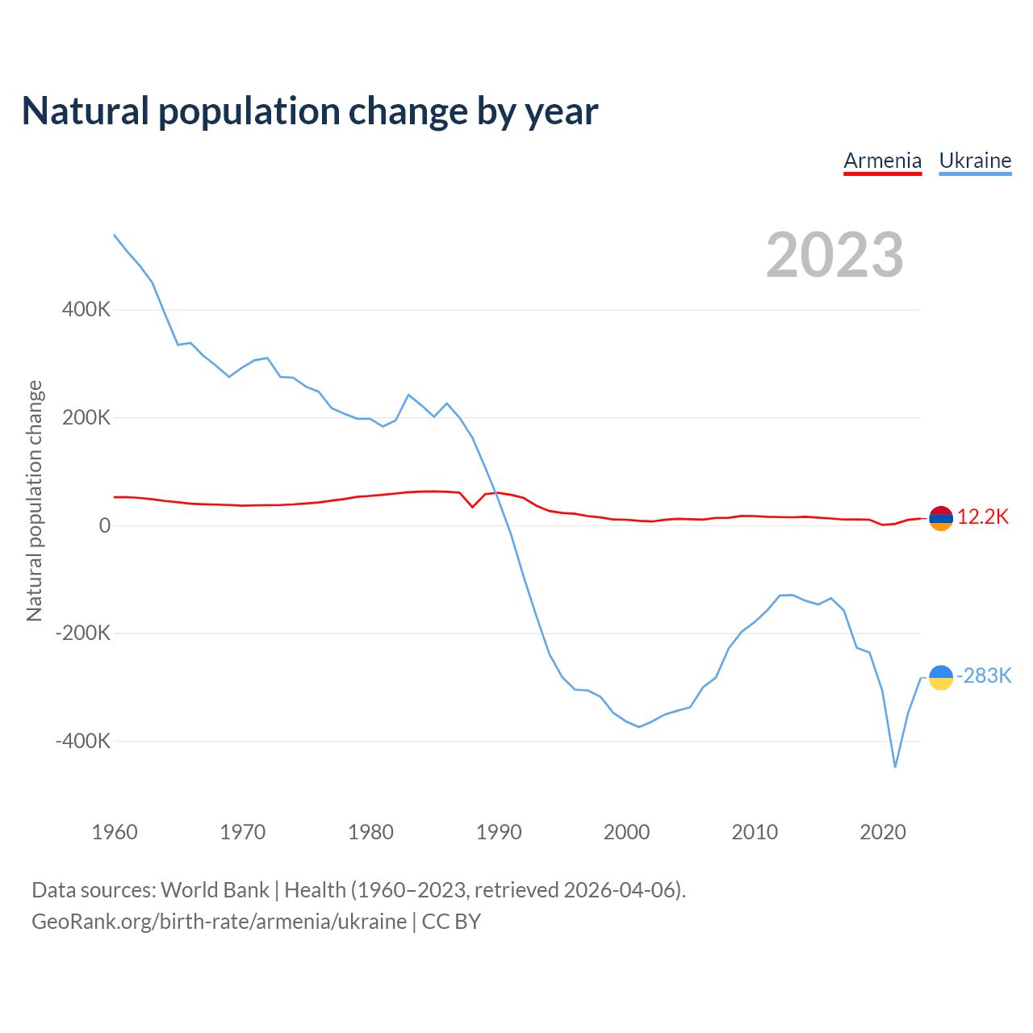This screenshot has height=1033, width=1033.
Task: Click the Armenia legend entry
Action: [x=882, y=161]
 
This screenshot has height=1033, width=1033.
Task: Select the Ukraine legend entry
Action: [x=975, y=161]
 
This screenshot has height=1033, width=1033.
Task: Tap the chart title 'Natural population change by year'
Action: [x=310, y=111]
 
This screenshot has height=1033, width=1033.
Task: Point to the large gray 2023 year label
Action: [x=834, y=255]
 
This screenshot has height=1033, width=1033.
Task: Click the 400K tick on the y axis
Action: [x=86, y=310]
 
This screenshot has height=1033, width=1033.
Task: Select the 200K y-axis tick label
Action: [x=86, y=418]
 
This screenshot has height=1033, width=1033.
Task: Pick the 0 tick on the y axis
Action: [x=105, y=525]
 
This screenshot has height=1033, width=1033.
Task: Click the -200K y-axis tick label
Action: [x=83, y=634]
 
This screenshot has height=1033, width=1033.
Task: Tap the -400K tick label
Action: [x=83, y=741]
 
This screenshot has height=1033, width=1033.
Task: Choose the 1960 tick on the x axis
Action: [x=115, y=832]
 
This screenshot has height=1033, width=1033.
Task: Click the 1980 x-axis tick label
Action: [x=371, y=832]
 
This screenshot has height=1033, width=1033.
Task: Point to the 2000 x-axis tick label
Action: [x=627, y=832]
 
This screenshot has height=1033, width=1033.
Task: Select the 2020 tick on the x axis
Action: [x=883, y=832]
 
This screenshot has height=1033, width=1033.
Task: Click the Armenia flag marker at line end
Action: [x=941, y=518]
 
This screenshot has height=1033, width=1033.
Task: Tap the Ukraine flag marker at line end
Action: [x=941, y=678]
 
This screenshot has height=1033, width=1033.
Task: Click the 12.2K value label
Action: [x=983, y=517]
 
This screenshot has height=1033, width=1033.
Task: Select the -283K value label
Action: [x=984, y=676]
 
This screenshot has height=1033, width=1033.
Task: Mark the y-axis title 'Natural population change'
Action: [x=34, y=501]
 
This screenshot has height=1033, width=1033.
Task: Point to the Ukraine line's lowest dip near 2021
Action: [x=895, y=767]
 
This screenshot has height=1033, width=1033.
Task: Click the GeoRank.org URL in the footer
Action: [x=219, y=922]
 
